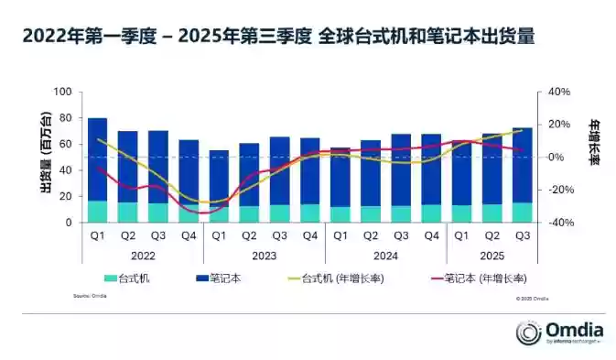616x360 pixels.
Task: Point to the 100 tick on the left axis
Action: pyautogui.click(x=62, y=93)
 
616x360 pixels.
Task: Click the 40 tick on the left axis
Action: pyautogui.click(x=65, y=170)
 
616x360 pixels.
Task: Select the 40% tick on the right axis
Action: pyautogui.click(x=559, y=93)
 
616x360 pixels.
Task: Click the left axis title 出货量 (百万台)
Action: pyautogui.click(x=44, y=158)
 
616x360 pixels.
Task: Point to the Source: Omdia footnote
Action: pyautogui.click(x=89, y=297)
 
